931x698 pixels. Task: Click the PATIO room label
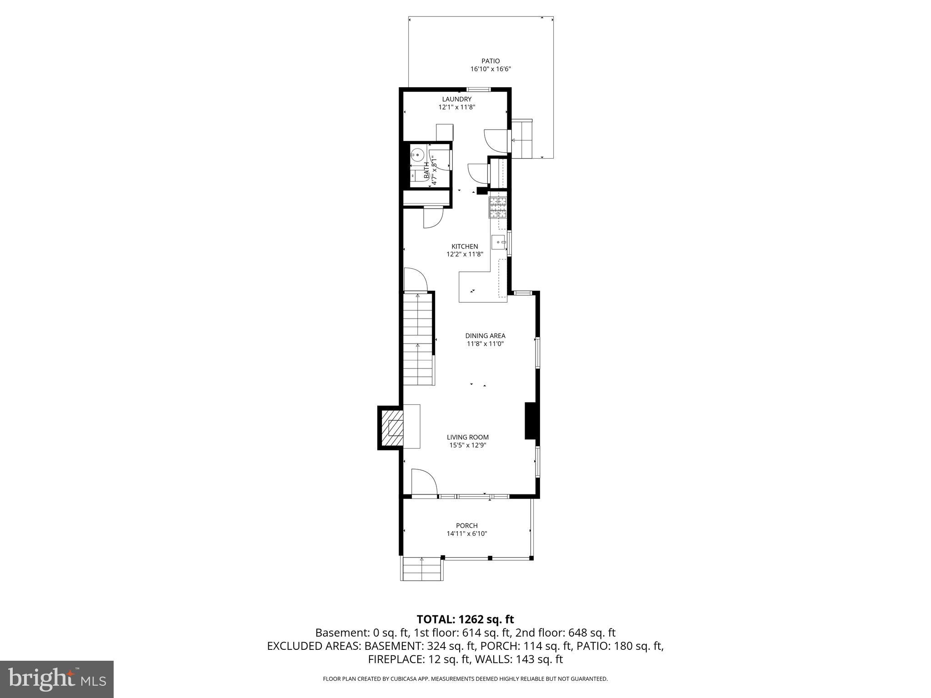point(491,61)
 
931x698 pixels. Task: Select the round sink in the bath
point(417,155)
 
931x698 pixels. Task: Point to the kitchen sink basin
point(498,242)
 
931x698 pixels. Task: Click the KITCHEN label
point(465,246)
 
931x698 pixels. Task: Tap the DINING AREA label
point(485,336)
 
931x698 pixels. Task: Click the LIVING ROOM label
point(468,437)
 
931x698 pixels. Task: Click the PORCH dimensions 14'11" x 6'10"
point(467,534)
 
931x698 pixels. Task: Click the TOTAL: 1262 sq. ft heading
point(465,619)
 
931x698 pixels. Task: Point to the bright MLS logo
point(57,679)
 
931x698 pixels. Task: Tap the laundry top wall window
point(479,89)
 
